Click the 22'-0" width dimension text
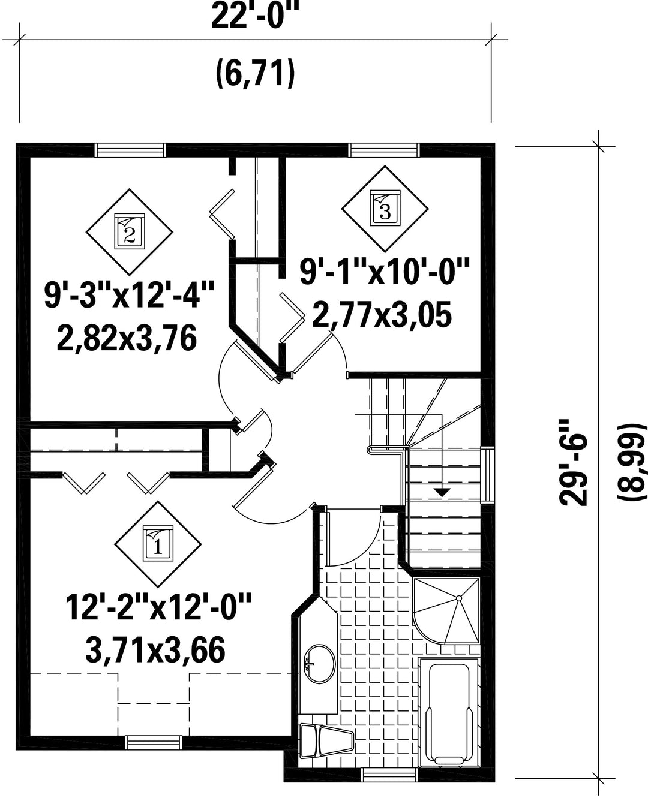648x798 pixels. (256, 15)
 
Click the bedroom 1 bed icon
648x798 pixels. (158, 544)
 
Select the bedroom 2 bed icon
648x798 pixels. (130, 231)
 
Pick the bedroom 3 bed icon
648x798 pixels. (385, 208)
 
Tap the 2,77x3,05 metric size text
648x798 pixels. (382, 315)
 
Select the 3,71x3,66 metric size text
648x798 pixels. (155, 650)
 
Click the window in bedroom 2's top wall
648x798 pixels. (130, 150)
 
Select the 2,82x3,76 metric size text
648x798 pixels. (127, 338)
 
